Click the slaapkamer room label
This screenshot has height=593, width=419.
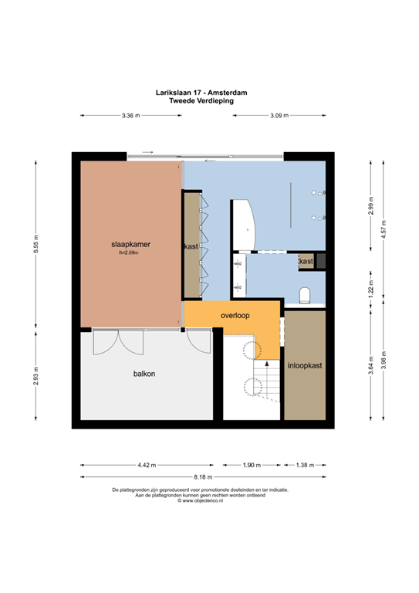coord(130,244)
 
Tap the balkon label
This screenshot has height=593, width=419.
coord(144,374)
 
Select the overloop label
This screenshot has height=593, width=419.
coord(235,315)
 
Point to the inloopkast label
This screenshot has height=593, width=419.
coord(305,365)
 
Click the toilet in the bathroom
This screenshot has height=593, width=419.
coord(305,296)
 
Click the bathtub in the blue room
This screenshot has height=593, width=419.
coord(244,225)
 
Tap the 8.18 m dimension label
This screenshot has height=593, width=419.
coord(203,477)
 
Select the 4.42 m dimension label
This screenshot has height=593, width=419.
coord(147,465)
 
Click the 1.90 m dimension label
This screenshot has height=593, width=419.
coord(252,465)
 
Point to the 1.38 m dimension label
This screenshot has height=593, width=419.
coord(305,465)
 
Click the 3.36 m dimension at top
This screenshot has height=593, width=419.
coord(130,116)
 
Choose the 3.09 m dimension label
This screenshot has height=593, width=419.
coord(279,116)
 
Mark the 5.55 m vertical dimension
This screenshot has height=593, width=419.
coord(36,244)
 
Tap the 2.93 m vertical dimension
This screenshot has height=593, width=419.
coord(36,376)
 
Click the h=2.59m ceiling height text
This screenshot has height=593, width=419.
coord(129,252)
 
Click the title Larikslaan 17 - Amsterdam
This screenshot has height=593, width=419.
coord(201,93)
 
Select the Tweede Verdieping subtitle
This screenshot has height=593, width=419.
coord(201,101)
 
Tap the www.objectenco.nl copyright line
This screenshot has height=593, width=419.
coord(201,500)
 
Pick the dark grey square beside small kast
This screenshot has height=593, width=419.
coord(321,261)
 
